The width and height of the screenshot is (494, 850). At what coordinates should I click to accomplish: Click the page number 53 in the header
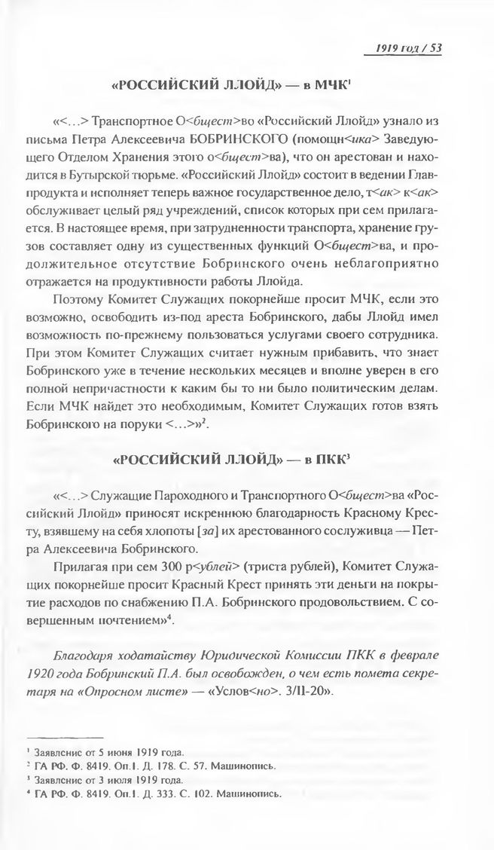[x=435, y=50]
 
